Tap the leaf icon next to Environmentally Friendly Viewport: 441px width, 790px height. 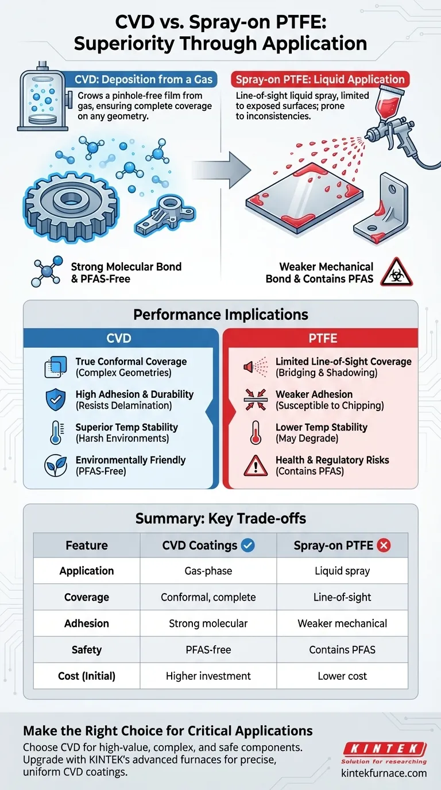coord(56,466)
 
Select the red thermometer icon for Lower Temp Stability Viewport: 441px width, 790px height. coord(256,433)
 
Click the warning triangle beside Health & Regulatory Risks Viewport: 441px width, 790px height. coord(256,466)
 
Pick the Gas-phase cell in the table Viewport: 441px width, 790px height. coord(208,571)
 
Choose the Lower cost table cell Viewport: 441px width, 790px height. coord(342,676)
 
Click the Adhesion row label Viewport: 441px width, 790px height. coord(87,624)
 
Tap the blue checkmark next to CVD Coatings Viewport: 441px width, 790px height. coord(248,545)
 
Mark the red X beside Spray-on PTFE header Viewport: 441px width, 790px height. coord(384,545)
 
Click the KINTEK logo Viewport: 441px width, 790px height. coord(384,749)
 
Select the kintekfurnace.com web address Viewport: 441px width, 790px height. coord(384,773)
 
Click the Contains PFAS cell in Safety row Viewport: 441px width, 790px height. coord(342,650)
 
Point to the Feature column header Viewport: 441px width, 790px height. coord(87,545)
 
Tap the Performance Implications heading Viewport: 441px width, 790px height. coord(220,315)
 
